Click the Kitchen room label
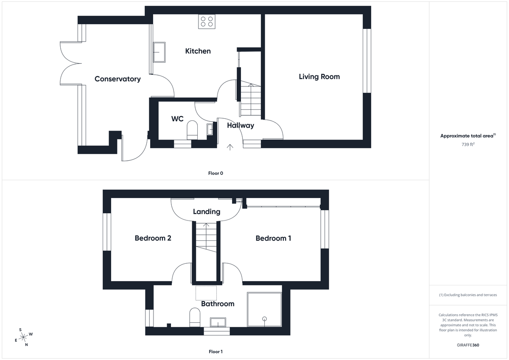pos(198,51)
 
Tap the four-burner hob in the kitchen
pos(207,22)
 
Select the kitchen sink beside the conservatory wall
pos(159,52)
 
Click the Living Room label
pos(319,77)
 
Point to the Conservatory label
pos(117,79)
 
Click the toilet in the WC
pos(192,130)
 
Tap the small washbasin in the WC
pos(210,129)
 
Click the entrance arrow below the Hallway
pos(230,147)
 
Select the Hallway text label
pos(240,126)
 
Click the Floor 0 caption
pos(215,173)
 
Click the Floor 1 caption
pos(215,352)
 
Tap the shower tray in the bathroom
pos(264,309)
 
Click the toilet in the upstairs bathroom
pos(195,317)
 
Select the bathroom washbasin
pos(218,322)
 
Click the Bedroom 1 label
pos(273,238)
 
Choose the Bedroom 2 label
pos(153,238)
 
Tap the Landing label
pos(207,212)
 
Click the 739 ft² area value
pos(468,144)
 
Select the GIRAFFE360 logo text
pos(468,345)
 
